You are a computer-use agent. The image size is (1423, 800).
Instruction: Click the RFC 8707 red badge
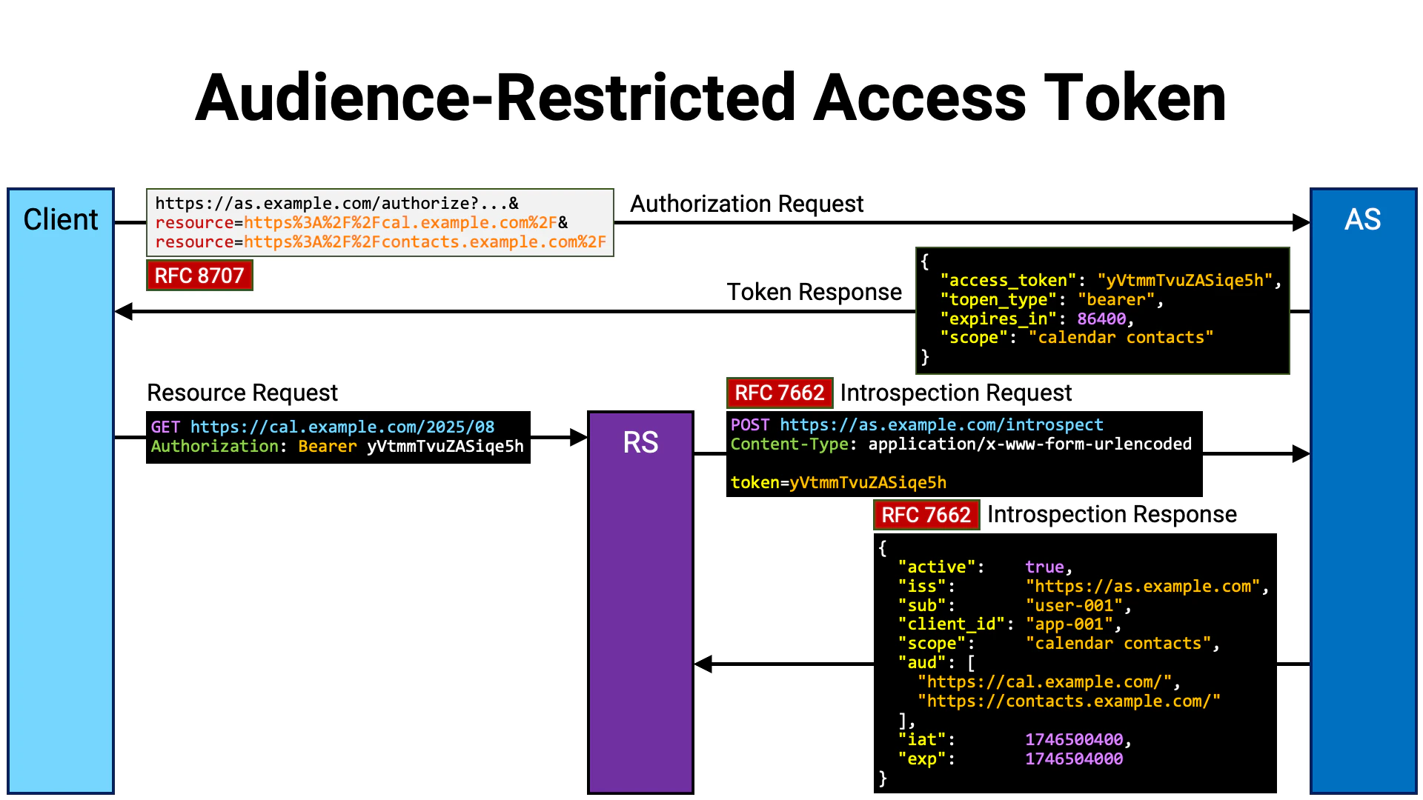point(199,276)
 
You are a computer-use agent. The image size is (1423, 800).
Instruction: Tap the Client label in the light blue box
point(61,220)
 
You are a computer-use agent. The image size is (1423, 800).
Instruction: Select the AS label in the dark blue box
point(1362,220)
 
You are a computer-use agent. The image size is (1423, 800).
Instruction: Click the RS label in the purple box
point(640,443)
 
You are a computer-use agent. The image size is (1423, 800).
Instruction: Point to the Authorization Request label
point(746,204)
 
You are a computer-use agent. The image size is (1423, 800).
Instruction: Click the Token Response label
point(814,292)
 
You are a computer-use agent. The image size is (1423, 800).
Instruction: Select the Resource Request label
point(242,393)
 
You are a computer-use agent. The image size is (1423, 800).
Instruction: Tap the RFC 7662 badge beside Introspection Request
point(779,393)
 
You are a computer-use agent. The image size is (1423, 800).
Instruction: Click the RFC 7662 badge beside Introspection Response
point(926,515)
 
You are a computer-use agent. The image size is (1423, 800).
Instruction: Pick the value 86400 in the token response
point(1101,319)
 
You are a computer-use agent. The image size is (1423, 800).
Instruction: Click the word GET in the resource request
point(165,427)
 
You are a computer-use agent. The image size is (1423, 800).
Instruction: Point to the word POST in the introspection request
point(750,425)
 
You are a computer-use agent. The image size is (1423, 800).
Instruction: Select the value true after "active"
point(1044,567)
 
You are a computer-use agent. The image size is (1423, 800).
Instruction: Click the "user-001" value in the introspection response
point(1074,606)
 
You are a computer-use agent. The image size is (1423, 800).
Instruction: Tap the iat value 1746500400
point(1074,740)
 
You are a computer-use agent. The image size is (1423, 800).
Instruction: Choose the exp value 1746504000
point(1074,759)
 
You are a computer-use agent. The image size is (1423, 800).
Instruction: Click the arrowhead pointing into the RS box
point(579,438)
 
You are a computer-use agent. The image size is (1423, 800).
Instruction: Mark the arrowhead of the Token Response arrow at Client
point(124,312)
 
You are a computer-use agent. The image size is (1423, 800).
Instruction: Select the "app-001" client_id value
point(1069,624)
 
